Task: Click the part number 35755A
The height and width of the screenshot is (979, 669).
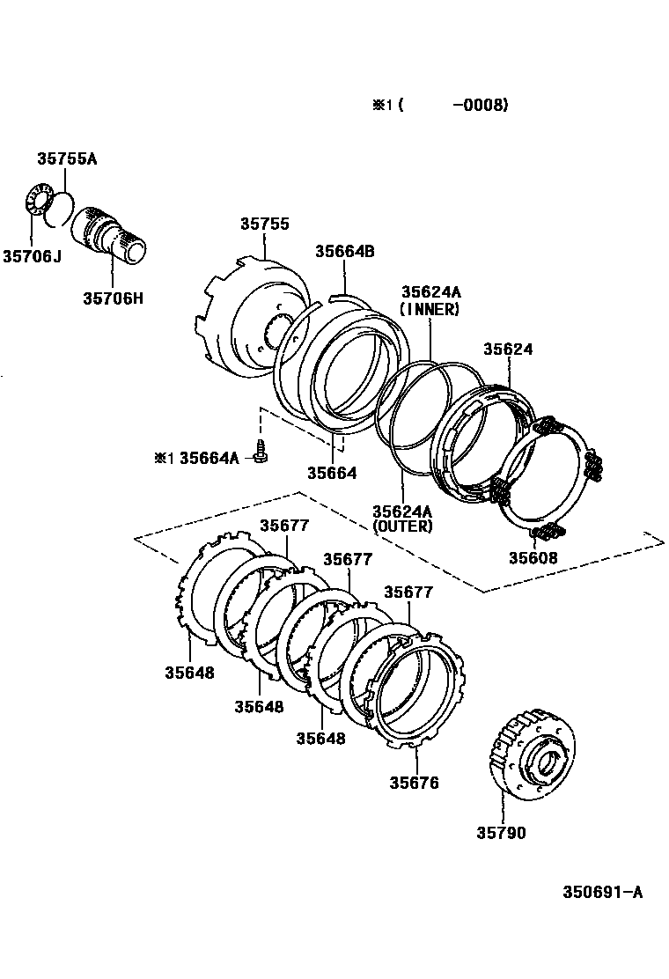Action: coord(67,159)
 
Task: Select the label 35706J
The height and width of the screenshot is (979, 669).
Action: coord(32,256)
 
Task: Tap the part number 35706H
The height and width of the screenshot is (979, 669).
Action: coord(113,298)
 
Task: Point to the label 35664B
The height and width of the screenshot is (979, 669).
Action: coord(345,252)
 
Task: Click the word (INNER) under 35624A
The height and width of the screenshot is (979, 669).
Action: coord(429,309)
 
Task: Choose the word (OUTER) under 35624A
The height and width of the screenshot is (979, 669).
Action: coord(402,526)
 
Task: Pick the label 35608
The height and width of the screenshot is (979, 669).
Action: coord(533,558)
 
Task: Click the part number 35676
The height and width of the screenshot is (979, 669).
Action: coord(414,783)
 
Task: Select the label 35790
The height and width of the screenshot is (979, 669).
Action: coord(502,832)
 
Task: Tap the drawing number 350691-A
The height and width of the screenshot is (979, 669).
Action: coord(603,892)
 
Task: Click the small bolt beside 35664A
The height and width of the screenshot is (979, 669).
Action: coord(260,453)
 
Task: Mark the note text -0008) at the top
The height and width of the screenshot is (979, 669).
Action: coord(480,106)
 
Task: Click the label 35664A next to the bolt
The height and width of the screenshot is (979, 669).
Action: coord(209,458)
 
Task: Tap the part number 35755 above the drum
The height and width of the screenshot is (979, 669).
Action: coord(264,225)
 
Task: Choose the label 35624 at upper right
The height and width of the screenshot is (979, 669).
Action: coord(508,350)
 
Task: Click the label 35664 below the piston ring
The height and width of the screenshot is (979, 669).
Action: coord(332,473)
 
